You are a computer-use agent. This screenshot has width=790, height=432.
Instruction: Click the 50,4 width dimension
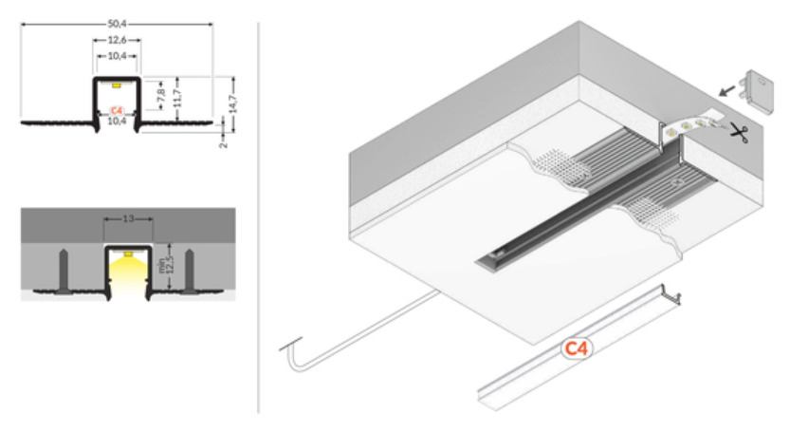pyautogui.click(x=117, y=23)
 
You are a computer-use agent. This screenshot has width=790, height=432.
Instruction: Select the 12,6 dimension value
pyautogui.click(x=117, y=40)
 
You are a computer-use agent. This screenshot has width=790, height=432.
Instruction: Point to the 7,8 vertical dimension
pyautogui.click(x=161, y=95)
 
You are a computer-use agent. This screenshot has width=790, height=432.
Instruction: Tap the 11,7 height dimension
pyautogui.click(x=177, y=98)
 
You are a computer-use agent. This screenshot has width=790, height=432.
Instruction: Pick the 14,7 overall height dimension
pyautogui.click(x=232, y=103)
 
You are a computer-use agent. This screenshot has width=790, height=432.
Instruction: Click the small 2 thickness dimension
pyautogui.click(x=224, y=143)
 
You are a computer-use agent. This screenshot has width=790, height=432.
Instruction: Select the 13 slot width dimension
pyautogui.click(x=128, y=218)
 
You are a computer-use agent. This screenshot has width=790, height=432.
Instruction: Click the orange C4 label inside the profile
pyautogui.click(x=117, y=110)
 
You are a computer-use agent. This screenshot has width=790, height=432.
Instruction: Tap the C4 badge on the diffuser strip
pyautogui.click(x=577, y=348)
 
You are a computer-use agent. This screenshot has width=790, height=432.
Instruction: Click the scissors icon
pyautogui.click(x=738, y=132)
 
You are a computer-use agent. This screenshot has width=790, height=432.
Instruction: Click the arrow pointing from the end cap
pyautogui.click(x=726, y=90)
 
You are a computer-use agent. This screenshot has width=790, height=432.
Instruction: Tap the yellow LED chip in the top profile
pyautogui.click(x=117, y=85)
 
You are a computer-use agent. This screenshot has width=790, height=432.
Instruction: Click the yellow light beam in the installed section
pyautogui.click(x=128, y=275)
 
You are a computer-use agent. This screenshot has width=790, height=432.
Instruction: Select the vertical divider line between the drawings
pyautogui.click(x=259, y=217)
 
